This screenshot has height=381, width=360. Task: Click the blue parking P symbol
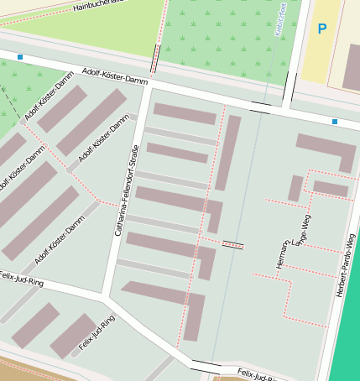point(321,29)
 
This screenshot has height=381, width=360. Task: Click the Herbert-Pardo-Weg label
point(341,264)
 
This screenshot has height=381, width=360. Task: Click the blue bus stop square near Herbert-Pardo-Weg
point(334,122)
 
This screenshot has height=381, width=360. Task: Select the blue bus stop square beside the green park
point(20,57)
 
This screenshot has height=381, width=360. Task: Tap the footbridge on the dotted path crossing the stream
point(233,245)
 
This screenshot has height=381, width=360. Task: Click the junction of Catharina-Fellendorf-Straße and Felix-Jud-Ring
point(104,295)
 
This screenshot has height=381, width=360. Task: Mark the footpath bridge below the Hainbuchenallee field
point(155,59)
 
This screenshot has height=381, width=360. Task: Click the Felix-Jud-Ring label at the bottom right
point(257,373)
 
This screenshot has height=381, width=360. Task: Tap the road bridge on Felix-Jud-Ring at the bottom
point(206,366)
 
